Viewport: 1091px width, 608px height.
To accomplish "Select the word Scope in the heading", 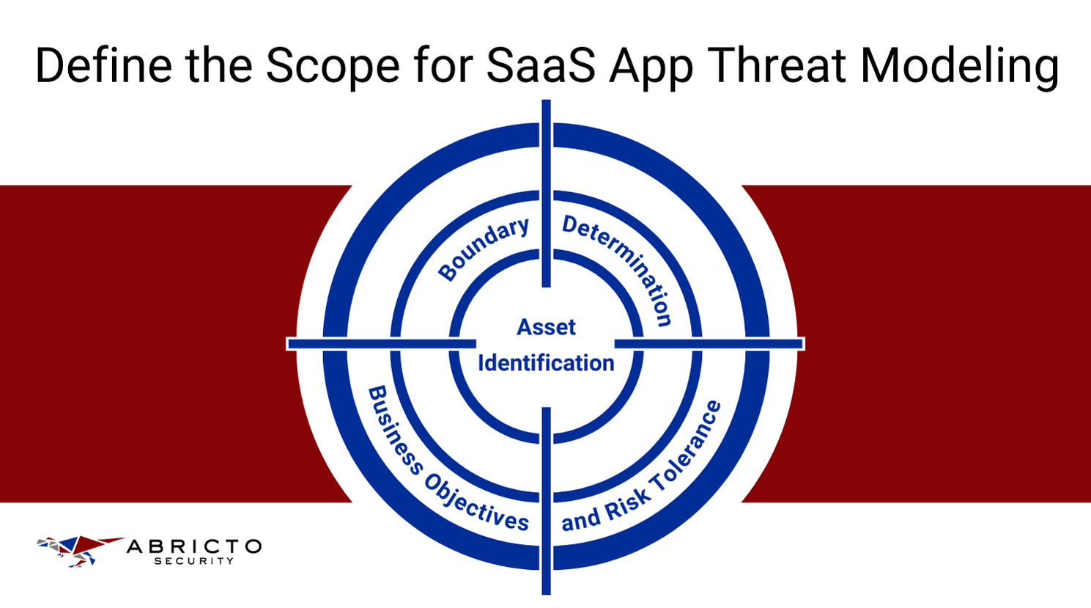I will (x=332, y=65).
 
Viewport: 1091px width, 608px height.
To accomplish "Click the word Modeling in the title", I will (x=960, y=65).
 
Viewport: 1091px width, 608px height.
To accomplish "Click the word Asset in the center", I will (x=546, y=327).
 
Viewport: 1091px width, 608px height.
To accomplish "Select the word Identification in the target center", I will (x=546, y=363).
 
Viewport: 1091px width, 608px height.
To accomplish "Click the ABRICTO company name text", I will (x=194, y=546).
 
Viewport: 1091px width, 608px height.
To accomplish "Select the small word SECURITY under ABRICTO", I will (x=193, y=561).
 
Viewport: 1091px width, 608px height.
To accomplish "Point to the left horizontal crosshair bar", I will (x=381, y=343).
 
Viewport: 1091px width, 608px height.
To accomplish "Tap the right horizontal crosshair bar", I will (x=709, y=343).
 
